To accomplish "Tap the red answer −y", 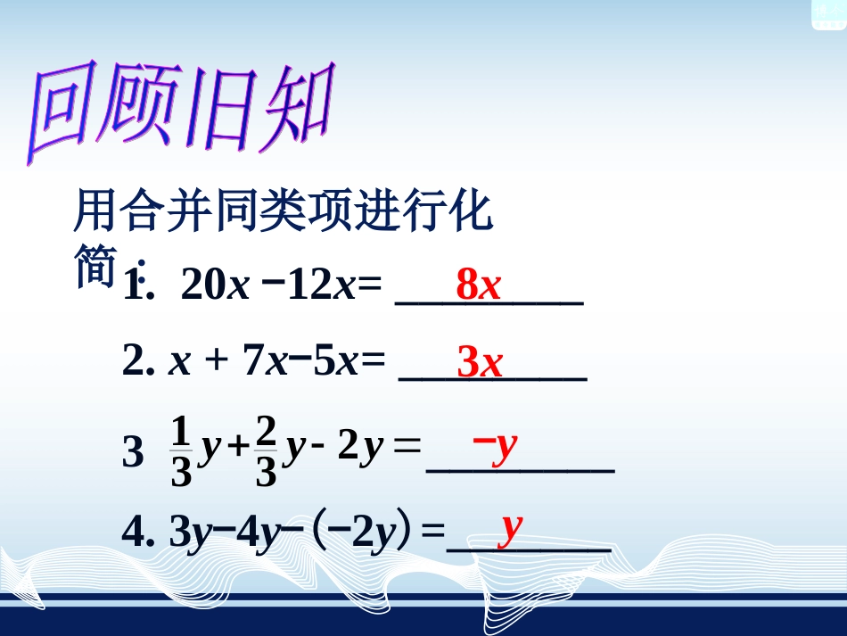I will (495, 442).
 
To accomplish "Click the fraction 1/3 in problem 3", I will (181, 452).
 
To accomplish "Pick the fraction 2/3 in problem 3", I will (266, 452).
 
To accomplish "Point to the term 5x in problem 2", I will (336, 361).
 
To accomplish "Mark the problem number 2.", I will (135, 361).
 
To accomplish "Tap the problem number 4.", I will (135, 533).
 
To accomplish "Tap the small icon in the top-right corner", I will (827, 13).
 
